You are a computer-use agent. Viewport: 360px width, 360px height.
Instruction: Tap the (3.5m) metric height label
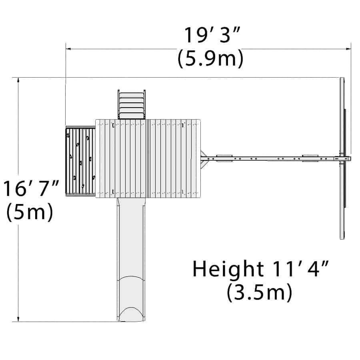(x=260, y=292)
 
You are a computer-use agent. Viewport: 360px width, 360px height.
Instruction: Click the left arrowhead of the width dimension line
(x=68, y=49)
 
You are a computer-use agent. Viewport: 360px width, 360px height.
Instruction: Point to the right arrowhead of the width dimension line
(x=348, y=49)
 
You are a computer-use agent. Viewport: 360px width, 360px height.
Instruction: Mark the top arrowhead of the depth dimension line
(x=18, y=80)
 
